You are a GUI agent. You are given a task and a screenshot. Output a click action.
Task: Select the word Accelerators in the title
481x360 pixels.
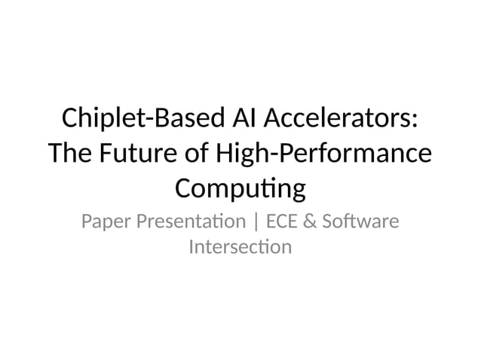340,120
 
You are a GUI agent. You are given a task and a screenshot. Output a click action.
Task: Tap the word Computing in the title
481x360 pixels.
240,188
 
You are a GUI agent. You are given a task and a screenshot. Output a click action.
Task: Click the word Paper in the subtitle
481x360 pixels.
104,222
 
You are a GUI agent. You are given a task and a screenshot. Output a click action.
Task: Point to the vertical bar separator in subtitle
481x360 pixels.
256,223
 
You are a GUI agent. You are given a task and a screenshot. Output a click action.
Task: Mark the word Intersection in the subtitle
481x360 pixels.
240,246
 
